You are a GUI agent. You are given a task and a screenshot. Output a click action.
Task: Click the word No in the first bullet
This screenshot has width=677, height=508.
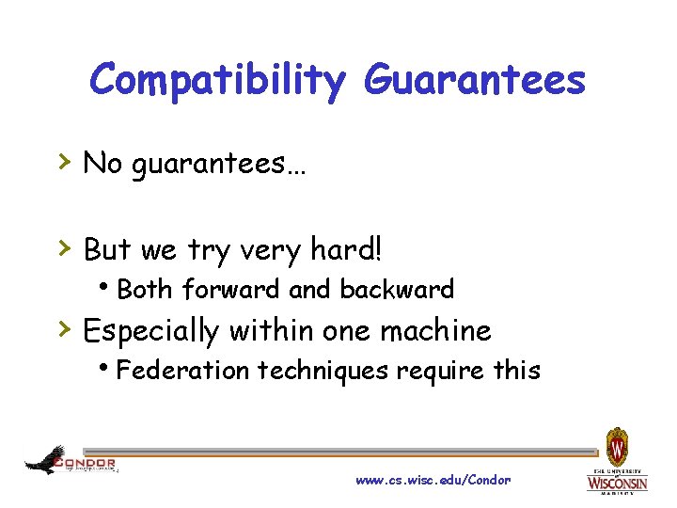[x=102, y=164]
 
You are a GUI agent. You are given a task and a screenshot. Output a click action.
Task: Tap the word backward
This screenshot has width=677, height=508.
[x=397, y=290]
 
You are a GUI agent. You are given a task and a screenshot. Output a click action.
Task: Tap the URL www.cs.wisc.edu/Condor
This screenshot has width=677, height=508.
[x=433, y=480]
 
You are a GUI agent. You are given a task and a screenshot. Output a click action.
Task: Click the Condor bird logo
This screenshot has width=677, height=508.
[x=46, y=460]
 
